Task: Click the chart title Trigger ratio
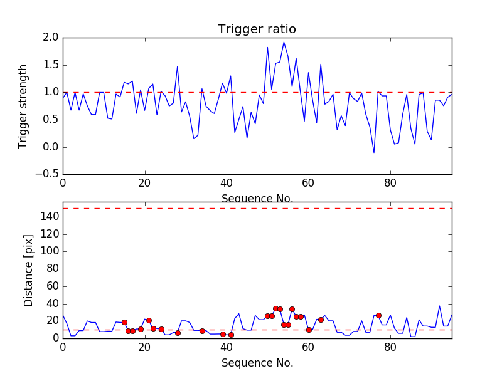point(257,29)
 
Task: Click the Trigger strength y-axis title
point(23,106)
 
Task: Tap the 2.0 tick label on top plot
point(51,38)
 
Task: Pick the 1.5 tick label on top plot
point(51,65)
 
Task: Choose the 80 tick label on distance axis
point(51,269)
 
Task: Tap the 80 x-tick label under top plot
point(390,184)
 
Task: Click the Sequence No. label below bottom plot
point(257,363)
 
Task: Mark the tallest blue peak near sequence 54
point(284,42)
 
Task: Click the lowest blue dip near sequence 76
point(374,152)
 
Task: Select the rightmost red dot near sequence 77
point(378,315)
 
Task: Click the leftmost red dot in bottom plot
point(124,322)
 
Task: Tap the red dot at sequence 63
point(321,320)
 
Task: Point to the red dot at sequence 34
point(202,331)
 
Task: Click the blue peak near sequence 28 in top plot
point(178,66)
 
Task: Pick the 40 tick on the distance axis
point(51,303)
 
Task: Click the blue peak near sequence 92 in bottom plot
point(439,306)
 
